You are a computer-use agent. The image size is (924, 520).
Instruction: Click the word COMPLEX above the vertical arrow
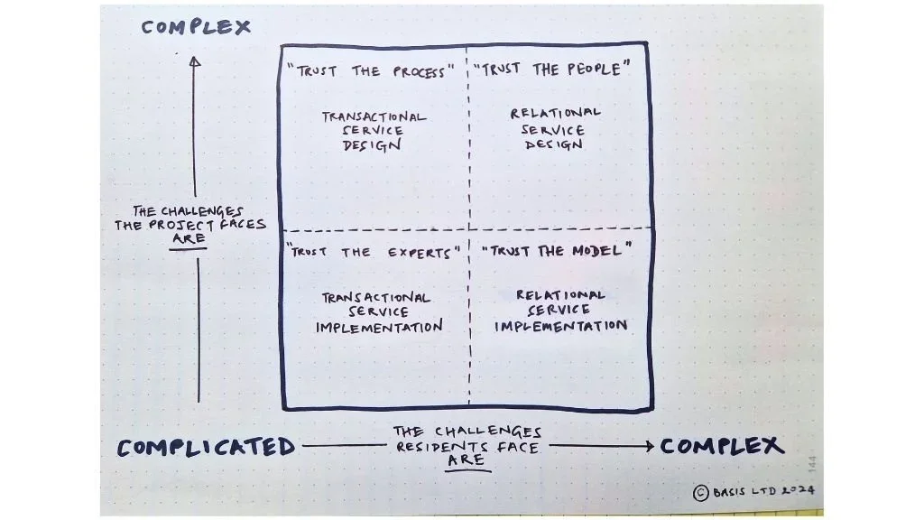(196, 27)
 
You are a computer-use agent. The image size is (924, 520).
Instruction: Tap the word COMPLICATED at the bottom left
(206, 447)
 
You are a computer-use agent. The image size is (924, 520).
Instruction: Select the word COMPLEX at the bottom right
(722, 445)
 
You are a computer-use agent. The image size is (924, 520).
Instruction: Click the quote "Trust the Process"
(370, 71)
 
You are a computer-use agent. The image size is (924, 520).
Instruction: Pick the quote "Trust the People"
(550, 70)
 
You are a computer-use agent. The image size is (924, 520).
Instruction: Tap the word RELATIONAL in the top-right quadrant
(555, 113)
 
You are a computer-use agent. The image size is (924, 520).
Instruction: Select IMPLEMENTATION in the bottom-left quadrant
(379, 327)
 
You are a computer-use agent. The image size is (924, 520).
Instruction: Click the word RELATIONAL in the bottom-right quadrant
(560, 294)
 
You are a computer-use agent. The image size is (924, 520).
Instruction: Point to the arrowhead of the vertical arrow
(194, 61)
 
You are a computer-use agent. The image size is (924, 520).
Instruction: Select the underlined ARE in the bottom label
(467, 460)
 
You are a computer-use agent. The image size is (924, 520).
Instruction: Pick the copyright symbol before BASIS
(700, 492)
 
